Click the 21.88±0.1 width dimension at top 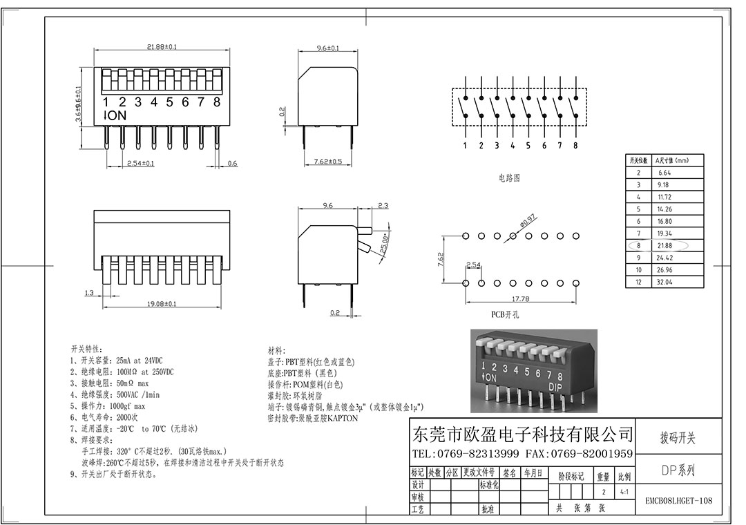click(x=162, y=47)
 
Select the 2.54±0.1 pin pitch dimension click(x=140, y=164)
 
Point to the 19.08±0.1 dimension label click(x=162, y=303)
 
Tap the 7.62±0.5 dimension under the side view click(x=328, y=162)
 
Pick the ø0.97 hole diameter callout click(x=528, y=220)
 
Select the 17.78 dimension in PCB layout click(x=519, y=299)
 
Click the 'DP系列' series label click(x=678, y=471)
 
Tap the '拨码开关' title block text click(x=678, y=438)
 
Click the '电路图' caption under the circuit click(x=509, y=178)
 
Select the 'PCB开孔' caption click(x=505, y=314)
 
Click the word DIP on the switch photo click(x=555, y=387)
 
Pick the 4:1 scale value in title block click(x=624, y=493)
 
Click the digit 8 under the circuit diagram click(x=575, y=146)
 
